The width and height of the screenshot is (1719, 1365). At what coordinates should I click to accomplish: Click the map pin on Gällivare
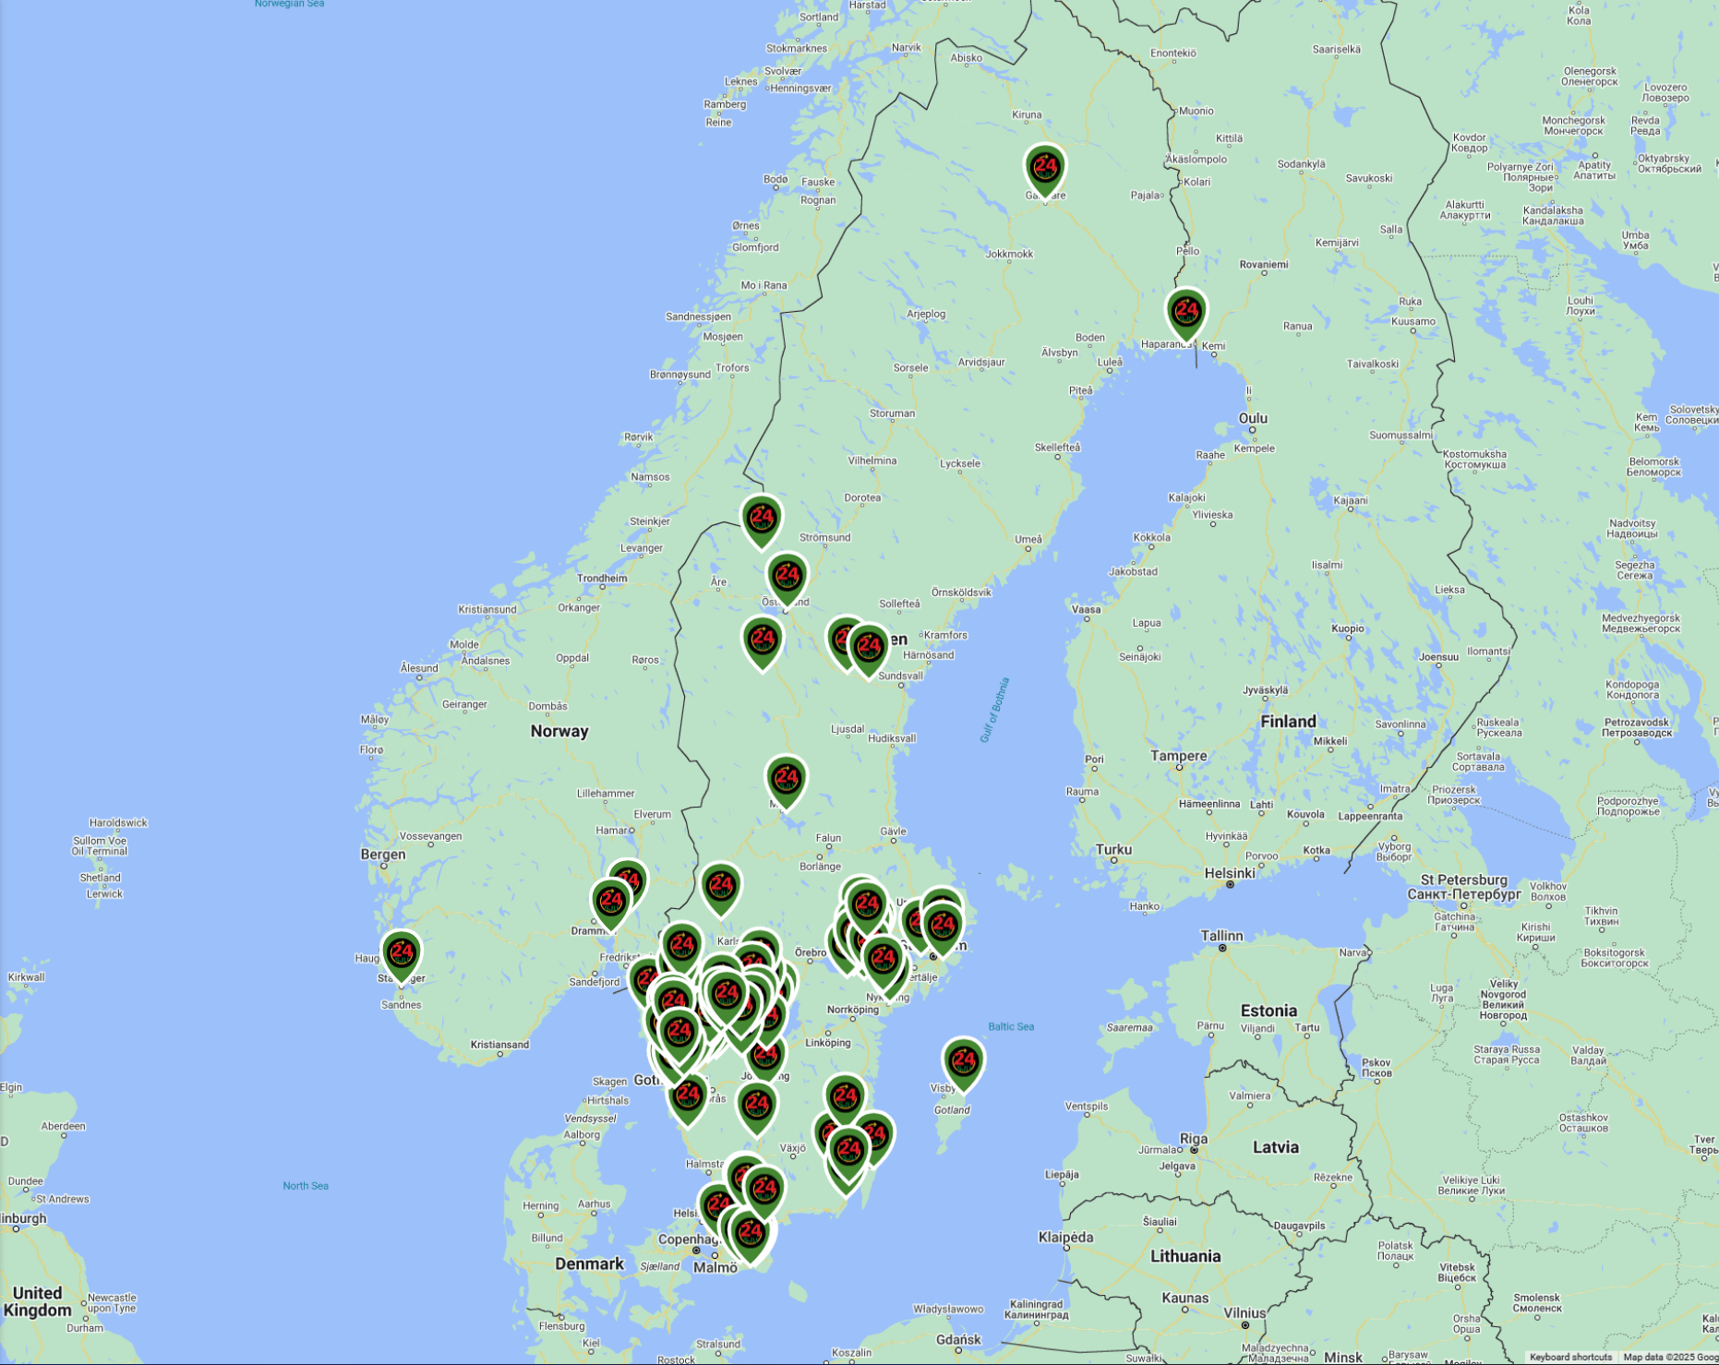point(1045,169)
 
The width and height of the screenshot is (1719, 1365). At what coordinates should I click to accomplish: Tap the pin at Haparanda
point(1186,312)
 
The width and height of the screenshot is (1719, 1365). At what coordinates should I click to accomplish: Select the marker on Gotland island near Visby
point(963,1062)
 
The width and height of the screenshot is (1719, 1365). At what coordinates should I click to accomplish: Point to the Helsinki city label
point(1229,873)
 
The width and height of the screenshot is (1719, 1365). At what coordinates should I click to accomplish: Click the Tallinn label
point(1221,936)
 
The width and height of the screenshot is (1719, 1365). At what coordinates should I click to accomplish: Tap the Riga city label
point(1194,1138)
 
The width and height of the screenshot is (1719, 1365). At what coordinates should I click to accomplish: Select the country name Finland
point(1288,722)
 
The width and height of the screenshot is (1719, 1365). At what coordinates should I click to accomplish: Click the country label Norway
point(559,731)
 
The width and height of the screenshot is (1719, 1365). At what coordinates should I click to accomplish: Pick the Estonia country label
point(1268,1011)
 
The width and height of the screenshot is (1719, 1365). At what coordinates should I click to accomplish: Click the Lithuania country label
point(1185,1256)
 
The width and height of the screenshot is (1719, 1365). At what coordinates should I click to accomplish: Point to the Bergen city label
point(382,855)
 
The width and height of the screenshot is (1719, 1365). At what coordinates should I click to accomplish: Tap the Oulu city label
point(1253,418)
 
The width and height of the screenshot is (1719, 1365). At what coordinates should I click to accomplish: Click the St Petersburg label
point(1463,880)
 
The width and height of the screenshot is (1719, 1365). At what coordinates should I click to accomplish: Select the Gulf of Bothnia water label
point(994,710)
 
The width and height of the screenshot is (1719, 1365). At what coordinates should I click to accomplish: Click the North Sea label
point(305,1186)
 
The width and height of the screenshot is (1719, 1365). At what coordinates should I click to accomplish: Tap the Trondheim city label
point(601,579)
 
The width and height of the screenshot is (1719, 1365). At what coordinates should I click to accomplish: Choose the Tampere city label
point(1178,756)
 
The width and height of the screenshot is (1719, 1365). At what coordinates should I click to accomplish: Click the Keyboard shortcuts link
point(1569,1358)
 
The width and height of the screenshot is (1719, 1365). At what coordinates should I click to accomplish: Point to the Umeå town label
point(1028,540)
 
